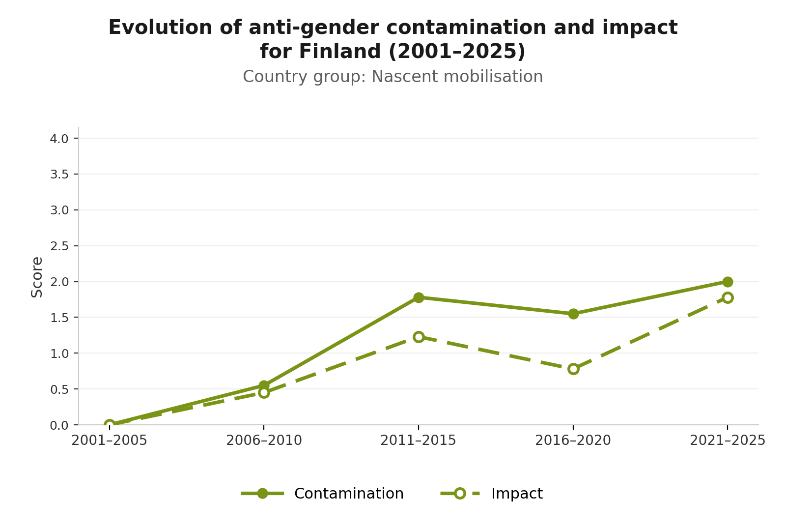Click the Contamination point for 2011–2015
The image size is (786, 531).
coord(419,297)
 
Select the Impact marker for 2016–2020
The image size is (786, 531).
coord(573,369)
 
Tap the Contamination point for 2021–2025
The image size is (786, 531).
coord(728,282)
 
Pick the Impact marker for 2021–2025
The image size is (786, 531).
coord(728,298)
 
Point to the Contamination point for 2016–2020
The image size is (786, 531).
coord(573,314)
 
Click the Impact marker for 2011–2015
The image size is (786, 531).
coord(419,337)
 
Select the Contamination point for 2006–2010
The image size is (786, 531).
coord(264,385)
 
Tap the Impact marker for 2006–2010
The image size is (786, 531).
coord(264,393)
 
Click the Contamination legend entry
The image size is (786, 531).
coord(322,494)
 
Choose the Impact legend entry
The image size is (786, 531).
coord(492,494)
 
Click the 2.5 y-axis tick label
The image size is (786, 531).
coord(59,246)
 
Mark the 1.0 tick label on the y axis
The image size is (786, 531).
coord(59,354)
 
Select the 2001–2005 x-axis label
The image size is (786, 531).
coord(110,441)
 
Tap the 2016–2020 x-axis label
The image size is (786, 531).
coord(573,441)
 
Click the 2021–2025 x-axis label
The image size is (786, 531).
coord(728,441)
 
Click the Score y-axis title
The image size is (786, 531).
coord(37,277)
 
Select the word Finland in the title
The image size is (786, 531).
coord(339,51)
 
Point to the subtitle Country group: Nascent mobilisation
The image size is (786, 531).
coord(393,77)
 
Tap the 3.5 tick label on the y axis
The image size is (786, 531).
coord(59,175)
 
